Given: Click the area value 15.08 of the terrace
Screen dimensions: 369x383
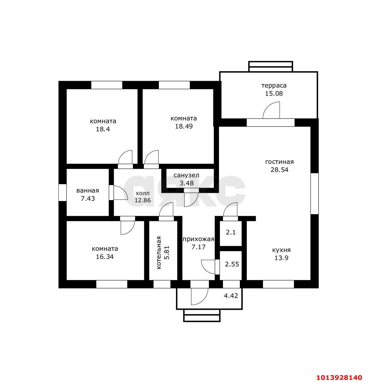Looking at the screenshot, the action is [x=274, y=93].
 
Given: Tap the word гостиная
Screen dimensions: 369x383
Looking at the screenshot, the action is [x=280, y=162].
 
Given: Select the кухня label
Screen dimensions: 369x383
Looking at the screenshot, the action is [x=281, y=250].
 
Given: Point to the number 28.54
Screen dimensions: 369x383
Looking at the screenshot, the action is [x=280, y=170].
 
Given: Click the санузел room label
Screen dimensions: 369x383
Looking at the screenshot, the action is [x=186, y=175].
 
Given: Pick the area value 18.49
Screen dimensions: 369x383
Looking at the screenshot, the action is [x=184, y=126].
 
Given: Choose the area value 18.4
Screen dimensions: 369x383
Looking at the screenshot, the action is [x=103, y=129].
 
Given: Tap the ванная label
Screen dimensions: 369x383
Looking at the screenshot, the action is [x=88, y=190].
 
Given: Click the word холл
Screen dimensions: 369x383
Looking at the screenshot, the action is [x=143, y=193].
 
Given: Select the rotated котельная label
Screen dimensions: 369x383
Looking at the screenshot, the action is [x=159, y=253].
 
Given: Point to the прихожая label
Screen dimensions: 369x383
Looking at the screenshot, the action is [x=198, y=239].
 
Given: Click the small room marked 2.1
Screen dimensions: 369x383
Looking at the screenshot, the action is [x=231, y=232].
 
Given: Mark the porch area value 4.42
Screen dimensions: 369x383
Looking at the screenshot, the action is [x=231, y=296].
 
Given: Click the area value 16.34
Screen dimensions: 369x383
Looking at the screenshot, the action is [x=105, y=257].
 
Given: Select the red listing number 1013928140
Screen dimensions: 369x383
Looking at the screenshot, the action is [x=339, y=377].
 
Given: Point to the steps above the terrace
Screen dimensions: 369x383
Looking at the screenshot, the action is [x=270, y=66].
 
